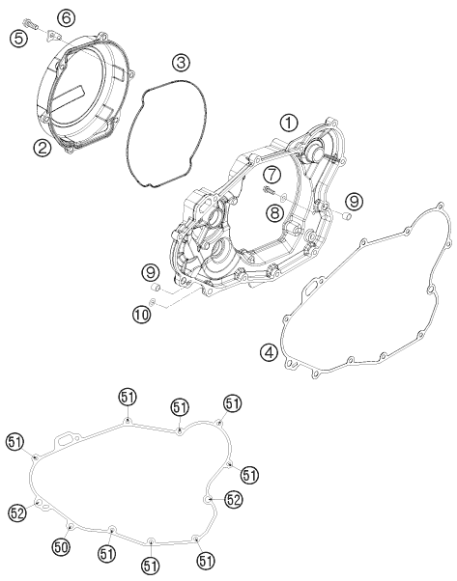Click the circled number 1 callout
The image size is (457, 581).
tap(288, 123)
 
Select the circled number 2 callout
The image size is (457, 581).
tap(42, 148)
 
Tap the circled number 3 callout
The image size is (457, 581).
tap(181, 63)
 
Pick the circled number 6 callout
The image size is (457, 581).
tap(65, 17)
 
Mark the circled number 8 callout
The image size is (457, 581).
tap(273, 211)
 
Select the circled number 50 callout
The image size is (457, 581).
tap(62, 547)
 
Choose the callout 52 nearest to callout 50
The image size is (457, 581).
tap(17, 512)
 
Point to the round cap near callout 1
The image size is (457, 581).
tap(314, 151)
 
